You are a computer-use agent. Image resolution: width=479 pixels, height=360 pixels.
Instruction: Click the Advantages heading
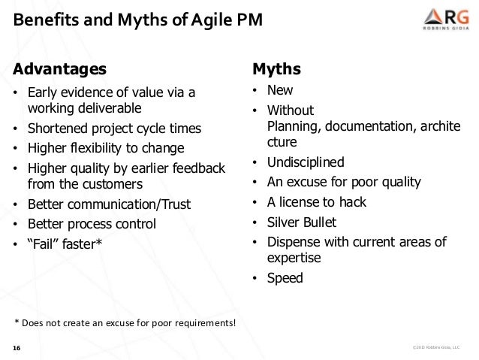[59, 70]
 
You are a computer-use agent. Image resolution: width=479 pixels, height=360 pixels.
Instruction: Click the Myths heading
[276, 70]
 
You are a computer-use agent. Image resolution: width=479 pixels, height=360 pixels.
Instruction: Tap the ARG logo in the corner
[438, 20]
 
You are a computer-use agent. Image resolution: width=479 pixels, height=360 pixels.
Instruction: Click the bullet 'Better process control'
[92, 223]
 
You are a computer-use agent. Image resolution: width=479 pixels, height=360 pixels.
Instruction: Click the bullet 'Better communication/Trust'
[109, 204]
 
